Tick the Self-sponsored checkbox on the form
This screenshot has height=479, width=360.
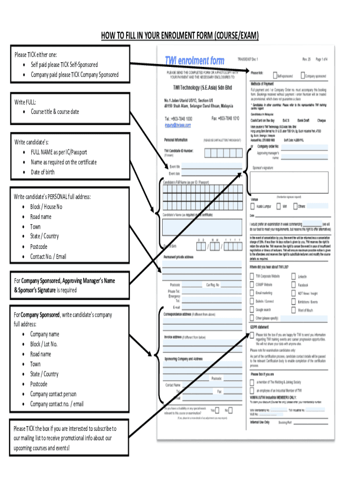(275, 75)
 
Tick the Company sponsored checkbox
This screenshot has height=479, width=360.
(302, 75)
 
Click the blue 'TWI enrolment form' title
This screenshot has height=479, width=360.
(194, 61)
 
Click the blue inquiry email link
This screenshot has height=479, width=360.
(178, 125)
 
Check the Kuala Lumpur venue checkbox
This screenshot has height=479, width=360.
(253, 205)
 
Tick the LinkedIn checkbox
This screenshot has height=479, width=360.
(295, 276)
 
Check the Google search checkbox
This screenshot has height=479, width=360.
(252, 310)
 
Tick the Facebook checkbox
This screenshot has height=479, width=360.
(295, 284)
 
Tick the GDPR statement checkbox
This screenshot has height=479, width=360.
(252, 335)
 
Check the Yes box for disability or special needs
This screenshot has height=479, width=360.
(219, 410)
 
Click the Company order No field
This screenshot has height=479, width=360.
(304, 147)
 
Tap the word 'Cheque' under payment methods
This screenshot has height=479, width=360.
(321, 120)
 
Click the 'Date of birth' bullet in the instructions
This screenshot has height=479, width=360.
(43, 172)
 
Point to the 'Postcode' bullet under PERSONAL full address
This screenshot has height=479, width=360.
(39, 247)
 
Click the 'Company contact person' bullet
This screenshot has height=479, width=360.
(53, 394)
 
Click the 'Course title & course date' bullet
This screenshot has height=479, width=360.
(55, 112)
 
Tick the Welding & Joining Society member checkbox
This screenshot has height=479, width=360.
(252, 382)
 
